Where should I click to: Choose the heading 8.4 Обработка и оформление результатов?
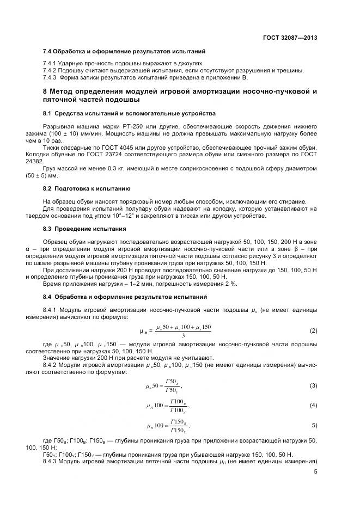click(125, 297)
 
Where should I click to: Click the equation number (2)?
click(313, 330)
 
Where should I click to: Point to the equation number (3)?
click(313, 385)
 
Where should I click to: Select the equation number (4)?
click(313, 405)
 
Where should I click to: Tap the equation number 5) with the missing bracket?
click(314, 425)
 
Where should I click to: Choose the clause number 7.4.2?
click(51, 71)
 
